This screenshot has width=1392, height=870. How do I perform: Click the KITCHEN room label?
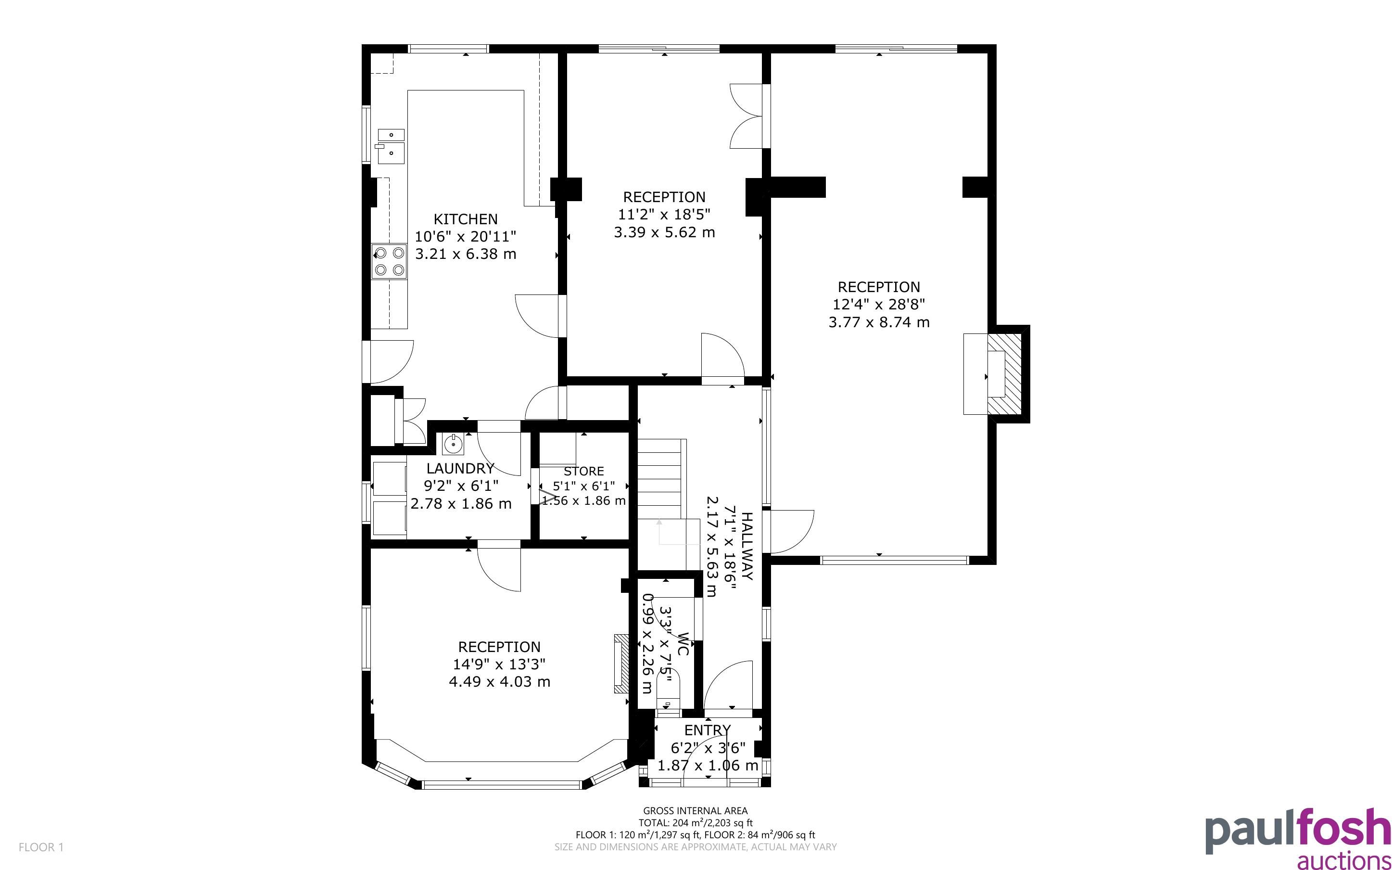[x=465, y=219]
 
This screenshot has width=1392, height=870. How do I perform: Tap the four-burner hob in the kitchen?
[x=389, y=261]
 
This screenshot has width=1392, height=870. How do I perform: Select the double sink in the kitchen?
[x=391, y=146]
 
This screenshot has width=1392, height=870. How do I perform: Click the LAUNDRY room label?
[x=460, y=468]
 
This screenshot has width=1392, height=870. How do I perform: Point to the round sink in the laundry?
[x=453, y=444]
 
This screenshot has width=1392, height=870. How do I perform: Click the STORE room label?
[x=583, y=471]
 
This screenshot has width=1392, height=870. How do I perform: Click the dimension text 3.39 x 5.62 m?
[x=664, y=232]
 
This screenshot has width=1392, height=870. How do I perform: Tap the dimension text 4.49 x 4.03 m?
[x=499, y=682]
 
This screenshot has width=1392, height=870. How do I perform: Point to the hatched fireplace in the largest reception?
[x=1004, y=374]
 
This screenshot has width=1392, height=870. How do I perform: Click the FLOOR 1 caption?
[x=41, y=847]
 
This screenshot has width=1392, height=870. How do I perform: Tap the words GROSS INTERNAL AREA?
[x=695, y=811]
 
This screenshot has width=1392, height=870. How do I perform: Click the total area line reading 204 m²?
[x=695, y=823]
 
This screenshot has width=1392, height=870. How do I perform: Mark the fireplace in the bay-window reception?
[x=621, y=664]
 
